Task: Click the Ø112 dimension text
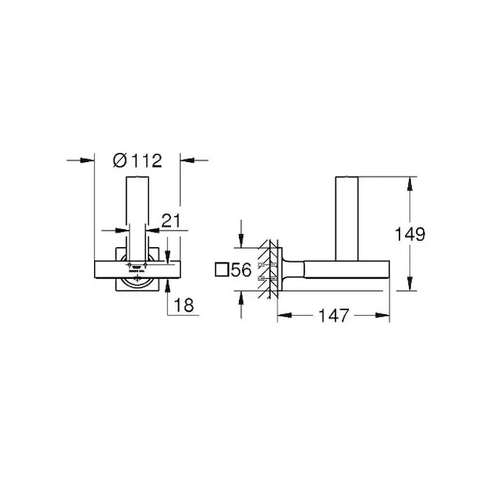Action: [x=137, y=160]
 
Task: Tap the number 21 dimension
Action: [x=171, y=221]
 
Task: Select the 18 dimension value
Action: [x=184, y=305]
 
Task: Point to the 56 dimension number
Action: [x=241, y=269]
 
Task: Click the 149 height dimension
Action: [x=410, y=234]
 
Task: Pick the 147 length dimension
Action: [x=334, y=315]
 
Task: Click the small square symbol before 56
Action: [x=222, y=269]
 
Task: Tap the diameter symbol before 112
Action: [x=119, y=160]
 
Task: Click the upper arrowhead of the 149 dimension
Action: [x=409, y=184]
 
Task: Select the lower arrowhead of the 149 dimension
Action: [x=409, y=284]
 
